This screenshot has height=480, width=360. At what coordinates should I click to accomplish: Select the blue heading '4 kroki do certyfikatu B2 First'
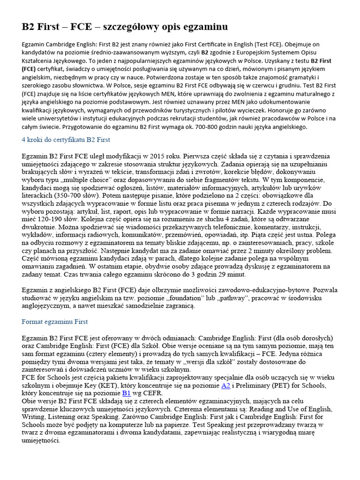(66, 140)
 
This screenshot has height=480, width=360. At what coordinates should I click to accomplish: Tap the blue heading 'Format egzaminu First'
(55, 322)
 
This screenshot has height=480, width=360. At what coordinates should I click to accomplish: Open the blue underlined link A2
(226, 385)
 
